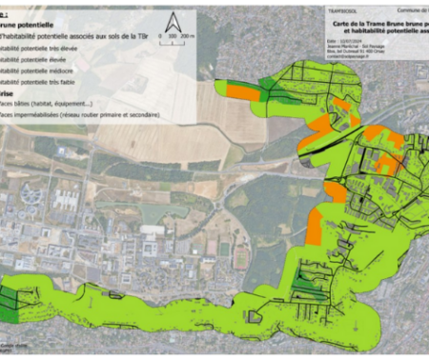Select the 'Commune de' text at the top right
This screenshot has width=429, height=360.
(413, 8)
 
